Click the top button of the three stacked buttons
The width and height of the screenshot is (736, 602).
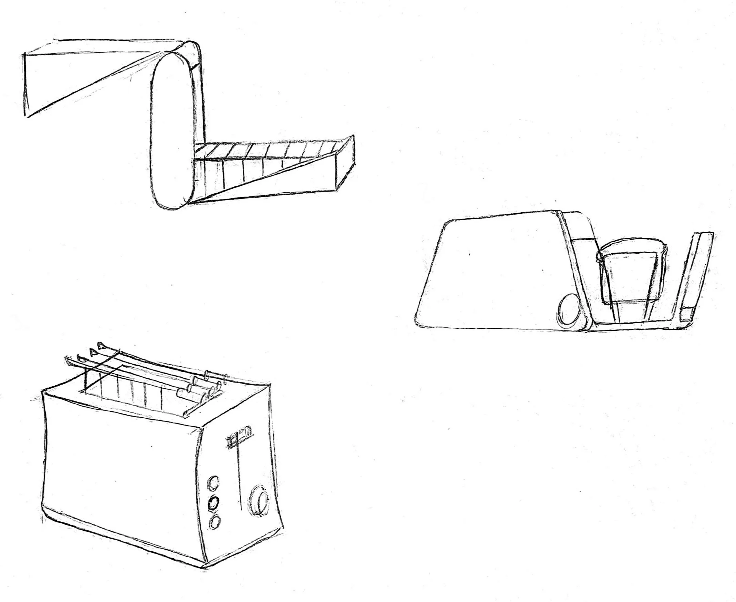pyautogui.click(x=213, y=482)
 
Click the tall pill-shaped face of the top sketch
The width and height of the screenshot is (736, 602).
pyautogui.click(x=172, y=132)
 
